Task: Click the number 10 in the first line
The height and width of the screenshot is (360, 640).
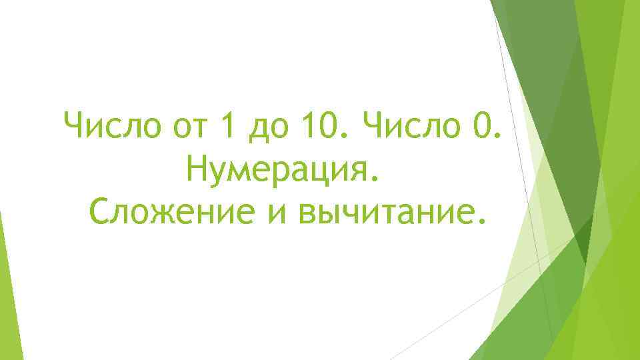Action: tap(319, 126)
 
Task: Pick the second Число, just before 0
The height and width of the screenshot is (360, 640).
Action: tap(409, 126)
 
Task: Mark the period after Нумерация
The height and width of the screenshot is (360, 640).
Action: tap(381, 180)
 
